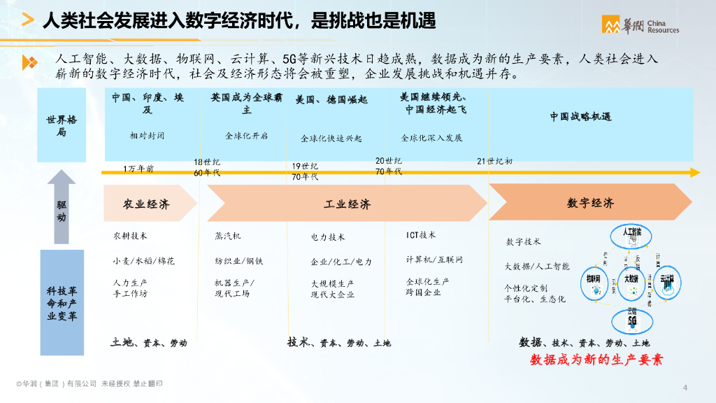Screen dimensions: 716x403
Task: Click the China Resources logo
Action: point(640,24)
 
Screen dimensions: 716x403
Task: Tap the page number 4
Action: point(685,388)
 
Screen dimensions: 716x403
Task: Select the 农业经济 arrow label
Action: point(146,204)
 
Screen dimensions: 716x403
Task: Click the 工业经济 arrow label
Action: point(348,204)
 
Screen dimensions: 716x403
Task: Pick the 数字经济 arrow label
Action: point(590,203)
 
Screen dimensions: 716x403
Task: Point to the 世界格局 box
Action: point(63,125)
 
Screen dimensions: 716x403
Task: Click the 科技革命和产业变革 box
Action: point(62,302)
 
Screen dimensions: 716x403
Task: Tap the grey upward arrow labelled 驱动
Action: point(62,207)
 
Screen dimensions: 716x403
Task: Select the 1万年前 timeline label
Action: point(138,169)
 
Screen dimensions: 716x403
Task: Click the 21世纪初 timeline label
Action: point(494,162)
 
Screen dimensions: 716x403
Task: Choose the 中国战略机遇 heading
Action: point(580,117)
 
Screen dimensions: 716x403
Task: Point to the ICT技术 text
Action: point(421,235)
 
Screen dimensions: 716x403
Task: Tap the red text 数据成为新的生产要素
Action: point(596,360)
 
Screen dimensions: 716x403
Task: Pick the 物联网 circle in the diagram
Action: point(594,278)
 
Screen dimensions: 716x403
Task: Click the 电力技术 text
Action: point(328,237)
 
